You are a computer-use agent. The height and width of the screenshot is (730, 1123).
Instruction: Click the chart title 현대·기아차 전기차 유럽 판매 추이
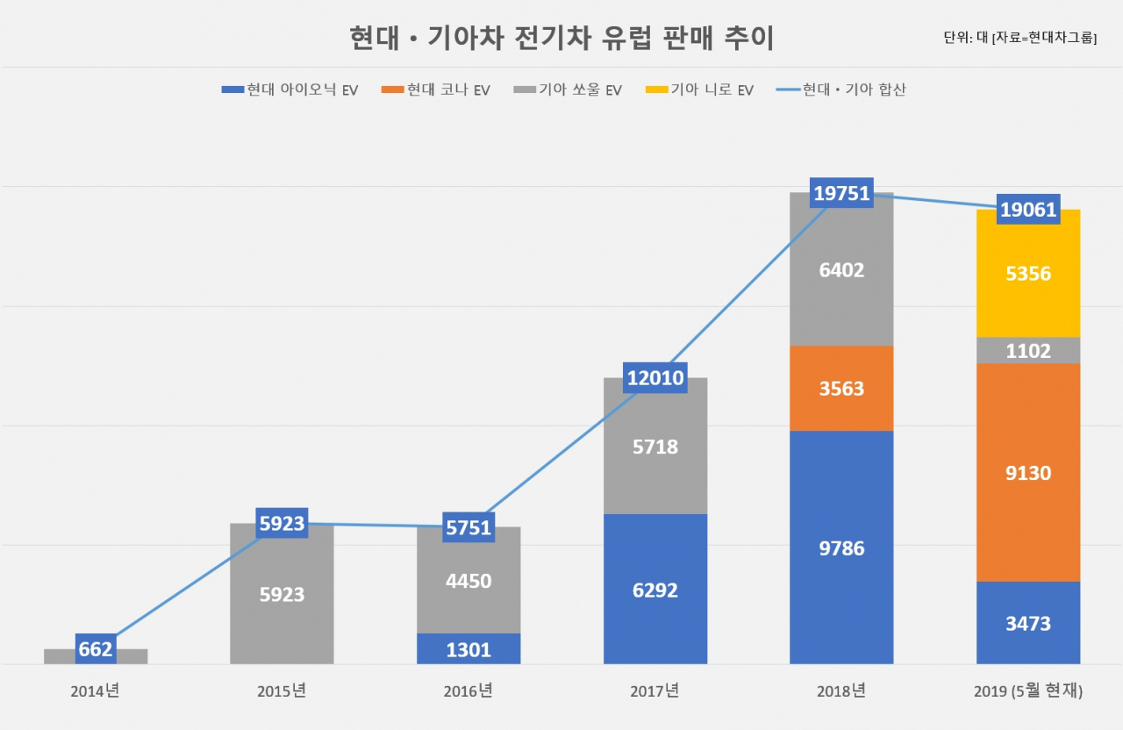coord(561,38)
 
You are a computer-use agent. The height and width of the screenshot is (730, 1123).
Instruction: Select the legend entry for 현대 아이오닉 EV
coord(290,89)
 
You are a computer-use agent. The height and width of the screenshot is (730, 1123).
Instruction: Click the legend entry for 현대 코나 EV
coord(436,89)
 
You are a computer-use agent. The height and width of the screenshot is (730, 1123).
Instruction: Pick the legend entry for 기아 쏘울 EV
coord(568,89)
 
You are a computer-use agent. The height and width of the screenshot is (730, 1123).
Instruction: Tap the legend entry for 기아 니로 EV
coord(699,89)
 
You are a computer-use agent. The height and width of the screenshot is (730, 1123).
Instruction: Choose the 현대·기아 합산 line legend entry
coord(840,89)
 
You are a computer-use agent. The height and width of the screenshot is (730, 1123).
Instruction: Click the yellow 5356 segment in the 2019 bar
coord(1028,274)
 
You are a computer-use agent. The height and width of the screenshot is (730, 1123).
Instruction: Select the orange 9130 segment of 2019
coord(1028,472)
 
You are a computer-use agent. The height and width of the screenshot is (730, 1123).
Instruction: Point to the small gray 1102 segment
coord(1028,350)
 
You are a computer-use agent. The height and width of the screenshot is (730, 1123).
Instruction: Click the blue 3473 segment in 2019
coord(1028,623)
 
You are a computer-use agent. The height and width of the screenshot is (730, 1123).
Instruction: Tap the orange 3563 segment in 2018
coord(841,388)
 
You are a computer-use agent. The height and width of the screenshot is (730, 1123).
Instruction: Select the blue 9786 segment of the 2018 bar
coord(841,547)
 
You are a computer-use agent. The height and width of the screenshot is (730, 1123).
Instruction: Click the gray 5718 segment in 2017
coord(655,446)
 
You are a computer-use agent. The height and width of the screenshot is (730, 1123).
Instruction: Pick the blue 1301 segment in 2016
coord(469,648)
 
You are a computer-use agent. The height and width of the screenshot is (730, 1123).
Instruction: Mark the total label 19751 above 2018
coord(841,192)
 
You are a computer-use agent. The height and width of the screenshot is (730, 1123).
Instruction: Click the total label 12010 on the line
coord(655,377)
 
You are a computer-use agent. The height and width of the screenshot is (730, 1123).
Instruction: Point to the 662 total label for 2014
coord(96,648)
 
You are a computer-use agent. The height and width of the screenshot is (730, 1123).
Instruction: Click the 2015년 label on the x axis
coord(282,691)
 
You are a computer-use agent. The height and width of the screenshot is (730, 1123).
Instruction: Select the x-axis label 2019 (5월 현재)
coord(1028,691)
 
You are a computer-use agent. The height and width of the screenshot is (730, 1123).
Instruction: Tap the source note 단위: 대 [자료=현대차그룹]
coord(1020,38)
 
